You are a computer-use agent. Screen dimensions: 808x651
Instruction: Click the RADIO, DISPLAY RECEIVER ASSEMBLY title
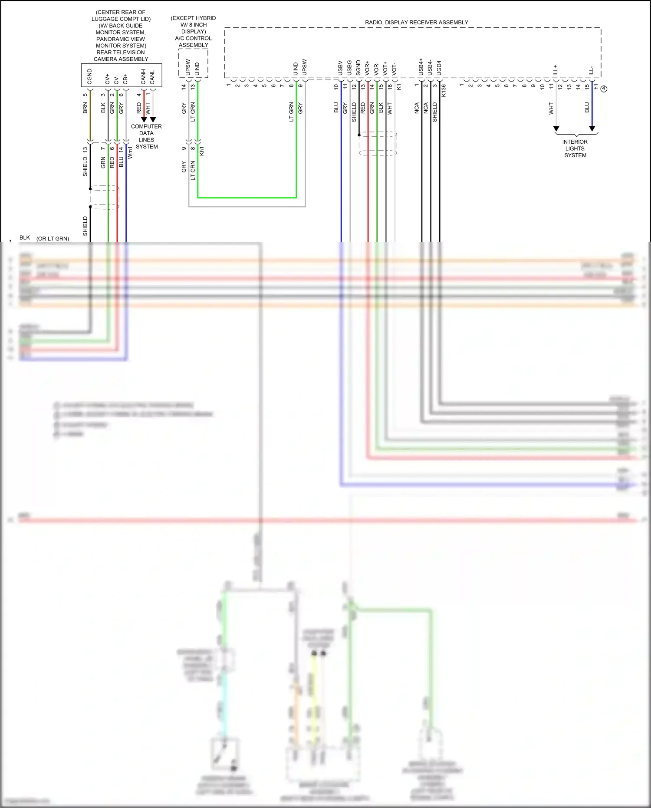tap(416, 22)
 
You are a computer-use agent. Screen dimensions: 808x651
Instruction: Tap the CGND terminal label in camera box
tap(90, 76)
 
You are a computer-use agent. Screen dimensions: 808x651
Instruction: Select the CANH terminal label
tap(143, 76)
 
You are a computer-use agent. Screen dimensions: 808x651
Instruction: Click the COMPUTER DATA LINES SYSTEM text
tap(146, 136)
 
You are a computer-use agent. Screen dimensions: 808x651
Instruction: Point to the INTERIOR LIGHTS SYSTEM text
tap(575, 148)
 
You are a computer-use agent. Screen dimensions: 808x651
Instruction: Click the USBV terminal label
tap(340, 68)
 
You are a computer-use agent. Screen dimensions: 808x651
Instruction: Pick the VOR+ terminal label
tap(367, 68)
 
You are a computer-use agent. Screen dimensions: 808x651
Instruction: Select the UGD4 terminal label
tap(439, 68)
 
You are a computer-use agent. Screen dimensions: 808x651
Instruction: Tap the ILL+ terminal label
tap(556, 70)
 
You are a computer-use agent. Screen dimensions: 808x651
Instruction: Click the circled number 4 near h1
tap(604, 89)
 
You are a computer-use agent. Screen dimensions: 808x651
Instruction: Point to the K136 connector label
tap(444, 90)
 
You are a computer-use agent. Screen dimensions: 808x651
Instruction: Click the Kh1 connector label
tap(202, 151)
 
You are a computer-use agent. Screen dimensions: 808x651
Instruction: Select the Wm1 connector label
tap(130, 152)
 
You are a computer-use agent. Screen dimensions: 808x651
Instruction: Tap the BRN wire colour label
tap(85, 108)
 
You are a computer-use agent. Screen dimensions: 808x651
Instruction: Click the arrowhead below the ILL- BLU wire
tap(592, 129)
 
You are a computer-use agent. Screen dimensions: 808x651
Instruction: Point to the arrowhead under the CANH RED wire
tap(144, 119)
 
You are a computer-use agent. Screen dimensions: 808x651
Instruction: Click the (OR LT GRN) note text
tap(53, 238)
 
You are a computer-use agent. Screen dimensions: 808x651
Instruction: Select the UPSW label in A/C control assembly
tap(188, 67)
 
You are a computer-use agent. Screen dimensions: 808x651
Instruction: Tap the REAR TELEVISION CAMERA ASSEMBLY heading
tap(121, 56)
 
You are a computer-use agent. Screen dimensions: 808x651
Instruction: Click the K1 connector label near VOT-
tap(399, 86)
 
